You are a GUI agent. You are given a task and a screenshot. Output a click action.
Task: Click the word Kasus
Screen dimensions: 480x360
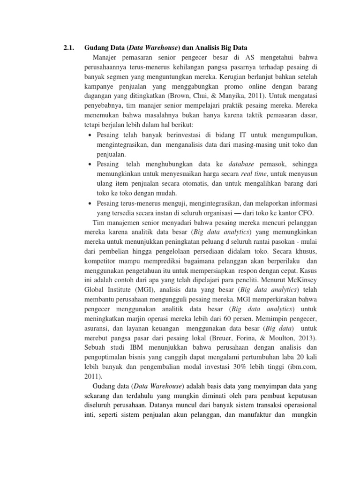308,271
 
